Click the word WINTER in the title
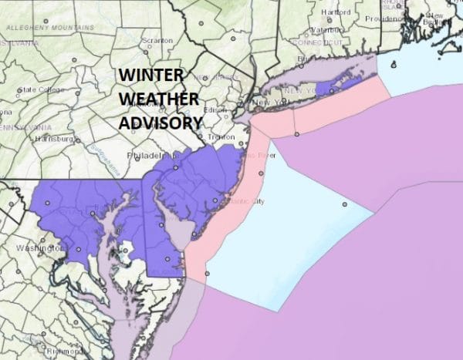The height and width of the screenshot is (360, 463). point(150,76)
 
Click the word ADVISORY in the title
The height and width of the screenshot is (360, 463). point(161,122)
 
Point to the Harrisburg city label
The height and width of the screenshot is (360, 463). point(52,139)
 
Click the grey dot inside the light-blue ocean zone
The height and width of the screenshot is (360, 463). point(345,204)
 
